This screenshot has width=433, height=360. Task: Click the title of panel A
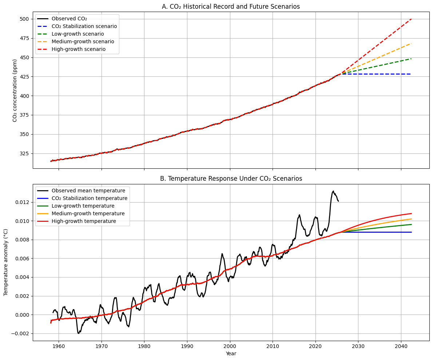coord(231,7)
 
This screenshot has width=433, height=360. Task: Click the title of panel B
coord(231,179)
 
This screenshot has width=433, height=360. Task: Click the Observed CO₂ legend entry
coord(69,19)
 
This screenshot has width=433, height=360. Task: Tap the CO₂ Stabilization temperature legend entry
coord(90,198)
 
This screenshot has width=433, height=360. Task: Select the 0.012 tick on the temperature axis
coord(22,202)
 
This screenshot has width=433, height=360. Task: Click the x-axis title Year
coord(231,353)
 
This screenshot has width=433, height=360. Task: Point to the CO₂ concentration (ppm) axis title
coord(15,90)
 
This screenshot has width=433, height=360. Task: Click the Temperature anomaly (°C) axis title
coord(6,262)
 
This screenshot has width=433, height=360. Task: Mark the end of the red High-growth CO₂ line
coord(411,19)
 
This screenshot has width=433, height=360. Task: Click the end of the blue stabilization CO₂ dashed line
coord(411,74)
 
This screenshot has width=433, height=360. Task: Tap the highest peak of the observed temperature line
coord(333,191)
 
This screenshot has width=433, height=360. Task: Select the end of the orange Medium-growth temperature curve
coord(411,219)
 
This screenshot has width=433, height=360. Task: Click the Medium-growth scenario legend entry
coord(83,41)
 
